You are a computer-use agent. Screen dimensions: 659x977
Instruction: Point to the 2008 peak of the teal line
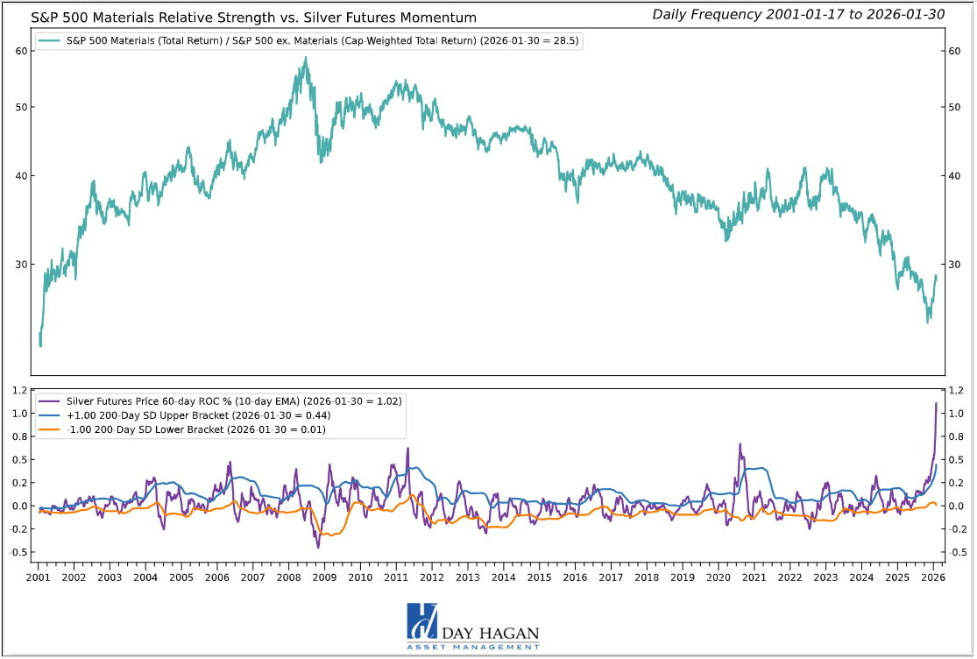[x=305, y=59]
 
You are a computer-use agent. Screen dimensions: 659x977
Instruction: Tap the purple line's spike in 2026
[x=936, y=404]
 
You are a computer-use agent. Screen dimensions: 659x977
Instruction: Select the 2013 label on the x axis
[x=467, y=578]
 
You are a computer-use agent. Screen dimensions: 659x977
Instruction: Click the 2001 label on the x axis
[x=39, y=578]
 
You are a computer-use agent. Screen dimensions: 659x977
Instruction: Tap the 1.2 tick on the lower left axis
[x=19, y=391]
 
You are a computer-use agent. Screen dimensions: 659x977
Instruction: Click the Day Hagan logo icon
[x=421, y=620]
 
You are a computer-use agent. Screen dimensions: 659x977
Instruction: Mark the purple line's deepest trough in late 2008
[x=318, y=548]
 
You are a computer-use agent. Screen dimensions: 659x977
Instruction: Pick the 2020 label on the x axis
[x=719, y=578]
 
